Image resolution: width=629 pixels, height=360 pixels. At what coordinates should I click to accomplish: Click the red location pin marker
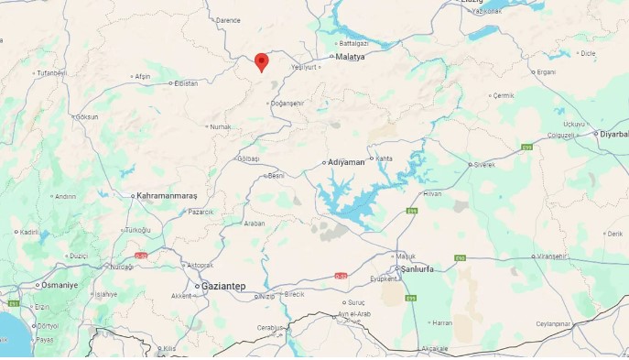pos(261,61)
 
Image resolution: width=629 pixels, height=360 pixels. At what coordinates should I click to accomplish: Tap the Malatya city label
pos(350,57)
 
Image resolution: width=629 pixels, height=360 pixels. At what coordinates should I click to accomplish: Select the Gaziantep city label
pos(222,287)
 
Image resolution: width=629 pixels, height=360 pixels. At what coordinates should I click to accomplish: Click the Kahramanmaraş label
pos(167,196)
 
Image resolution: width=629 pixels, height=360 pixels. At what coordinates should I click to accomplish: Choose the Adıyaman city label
pos(345,163)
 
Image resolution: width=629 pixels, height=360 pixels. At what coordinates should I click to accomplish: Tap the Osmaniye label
pos(60,285)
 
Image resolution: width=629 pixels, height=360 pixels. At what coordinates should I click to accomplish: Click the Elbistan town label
pos(186,83)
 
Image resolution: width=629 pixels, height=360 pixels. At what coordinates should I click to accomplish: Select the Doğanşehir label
pos(287,104)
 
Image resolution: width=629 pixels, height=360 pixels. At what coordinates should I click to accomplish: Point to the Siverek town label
pos(483,165)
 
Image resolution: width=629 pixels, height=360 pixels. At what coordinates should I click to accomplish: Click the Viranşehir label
pos(553,256)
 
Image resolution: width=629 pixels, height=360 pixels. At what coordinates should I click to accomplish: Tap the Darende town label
pos(227,20)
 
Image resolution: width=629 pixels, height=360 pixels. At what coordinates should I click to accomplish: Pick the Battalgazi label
pos(352,43)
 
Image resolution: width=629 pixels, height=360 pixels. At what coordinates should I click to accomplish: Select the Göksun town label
pos(87,117)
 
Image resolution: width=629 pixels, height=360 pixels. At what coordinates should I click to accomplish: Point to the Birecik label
pos(294,294)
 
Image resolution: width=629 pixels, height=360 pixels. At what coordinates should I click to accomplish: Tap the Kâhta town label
pos(385,158)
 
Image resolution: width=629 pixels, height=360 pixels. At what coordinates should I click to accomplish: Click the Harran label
pos(442,322)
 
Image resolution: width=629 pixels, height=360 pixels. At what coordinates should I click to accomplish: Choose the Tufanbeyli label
pos(51,72)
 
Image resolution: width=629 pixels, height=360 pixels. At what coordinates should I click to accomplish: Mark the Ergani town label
pos(547,71)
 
